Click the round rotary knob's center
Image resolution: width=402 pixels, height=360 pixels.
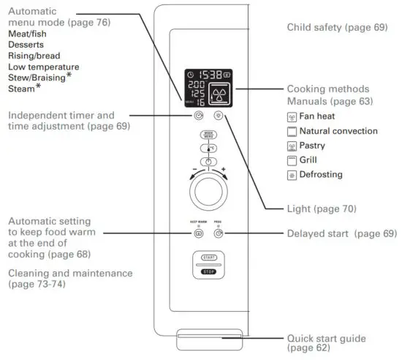[x=208, y=193]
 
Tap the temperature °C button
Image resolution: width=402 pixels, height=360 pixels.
[x=208, y=149]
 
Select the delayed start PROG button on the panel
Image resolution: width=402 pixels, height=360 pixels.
[x=219, y=234]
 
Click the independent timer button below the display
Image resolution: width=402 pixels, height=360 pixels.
[x=198, y=116]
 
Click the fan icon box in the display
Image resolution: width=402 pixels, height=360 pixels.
[x=219, y=94]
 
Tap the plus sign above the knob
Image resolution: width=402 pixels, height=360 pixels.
[x=224, y=170]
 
